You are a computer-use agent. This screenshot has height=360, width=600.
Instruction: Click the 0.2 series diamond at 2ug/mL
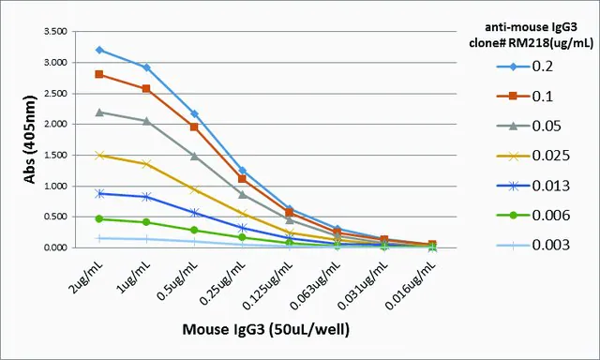coord(99,50)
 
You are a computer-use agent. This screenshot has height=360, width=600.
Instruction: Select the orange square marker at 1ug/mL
coord(146,89)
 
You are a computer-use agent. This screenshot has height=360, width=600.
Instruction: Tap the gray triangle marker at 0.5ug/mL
coord(194,156)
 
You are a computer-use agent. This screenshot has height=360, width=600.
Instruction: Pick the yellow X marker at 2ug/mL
coord(99,156)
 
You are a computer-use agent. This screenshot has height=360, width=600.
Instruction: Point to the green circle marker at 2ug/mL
coord(99,218)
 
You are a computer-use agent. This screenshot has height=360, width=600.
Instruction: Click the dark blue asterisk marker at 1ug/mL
coord(146,197)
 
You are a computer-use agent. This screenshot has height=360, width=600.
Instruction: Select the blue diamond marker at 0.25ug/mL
coord(242,171)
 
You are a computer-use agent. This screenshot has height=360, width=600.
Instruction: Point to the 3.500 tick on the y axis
coord(56,31)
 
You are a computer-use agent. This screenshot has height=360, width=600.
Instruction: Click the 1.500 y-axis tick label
coord(56,155)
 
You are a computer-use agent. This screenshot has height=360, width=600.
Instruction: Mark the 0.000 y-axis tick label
coord(56,247)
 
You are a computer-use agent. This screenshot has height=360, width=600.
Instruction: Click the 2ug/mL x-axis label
coord(87,277)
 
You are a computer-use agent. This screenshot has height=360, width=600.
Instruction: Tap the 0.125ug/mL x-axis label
coord(268,285)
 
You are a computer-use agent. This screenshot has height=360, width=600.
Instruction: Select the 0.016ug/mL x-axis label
coord(411,285)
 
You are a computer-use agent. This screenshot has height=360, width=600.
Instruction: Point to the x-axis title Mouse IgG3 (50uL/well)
coord(266,329)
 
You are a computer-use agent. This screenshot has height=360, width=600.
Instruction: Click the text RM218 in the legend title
coord(525,42)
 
